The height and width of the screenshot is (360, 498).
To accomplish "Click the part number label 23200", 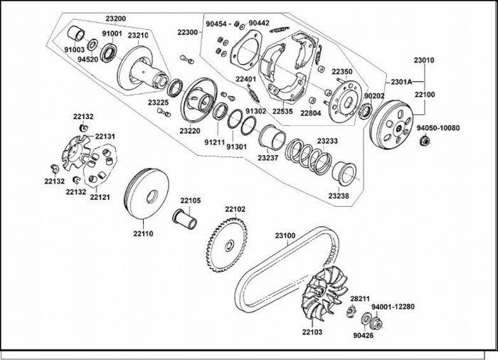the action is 115,18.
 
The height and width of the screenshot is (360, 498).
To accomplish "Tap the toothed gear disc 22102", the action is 228,245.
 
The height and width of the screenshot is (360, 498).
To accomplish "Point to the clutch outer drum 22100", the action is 391,124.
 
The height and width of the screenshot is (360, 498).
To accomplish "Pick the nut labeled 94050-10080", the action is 424,140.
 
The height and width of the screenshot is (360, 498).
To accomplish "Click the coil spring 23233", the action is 309,155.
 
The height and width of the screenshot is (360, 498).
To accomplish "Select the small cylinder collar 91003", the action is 77,33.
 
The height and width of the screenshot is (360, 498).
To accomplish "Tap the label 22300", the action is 188,32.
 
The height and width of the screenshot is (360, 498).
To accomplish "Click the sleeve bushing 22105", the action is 184,218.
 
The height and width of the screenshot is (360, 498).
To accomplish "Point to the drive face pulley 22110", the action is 146,194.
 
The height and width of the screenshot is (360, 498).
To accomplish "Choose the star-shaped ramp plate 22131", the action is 75,152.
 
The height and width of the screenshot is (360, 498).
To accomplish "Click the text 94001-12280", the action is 393,307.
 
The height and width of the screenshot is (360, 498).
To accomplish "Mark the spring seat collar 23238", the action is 344,174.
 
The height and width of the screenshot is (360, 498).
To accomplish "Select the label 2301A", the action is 401,82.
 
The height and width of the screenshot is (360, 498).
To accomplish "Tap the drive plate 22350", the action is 344,101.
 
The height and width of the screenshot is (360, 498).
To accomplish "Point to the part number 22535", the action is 282,112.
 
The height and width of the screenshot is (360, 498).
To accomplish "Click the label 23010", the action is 424,60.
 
